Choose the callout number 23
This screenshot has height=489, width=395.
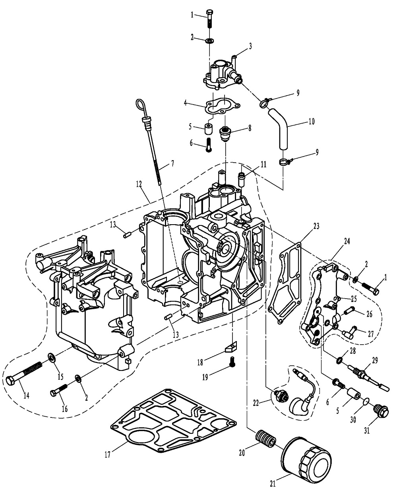coord(316,226)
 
